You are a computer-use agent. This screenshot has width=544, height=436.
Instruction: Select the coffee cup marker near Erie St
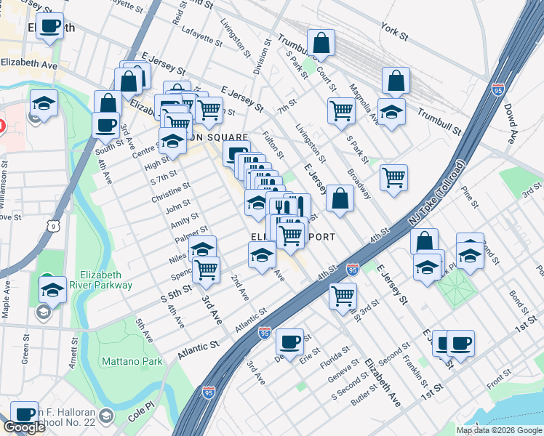point(290,341)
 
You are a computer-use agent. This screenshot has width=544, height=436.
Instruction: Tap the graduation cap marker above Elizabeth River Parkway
point(52,288)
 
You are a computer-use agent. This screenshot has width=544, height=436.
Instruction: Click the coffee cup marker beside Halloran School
point(25,413)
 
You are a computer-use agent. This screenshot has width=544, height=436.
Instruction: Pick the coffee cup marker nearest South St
point(106,124)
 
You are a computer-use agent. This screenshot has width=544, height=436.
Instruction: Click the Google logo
point(24,427)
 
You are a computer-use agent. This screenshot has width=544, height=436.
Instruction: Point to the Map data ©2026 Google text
point(498,430)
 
